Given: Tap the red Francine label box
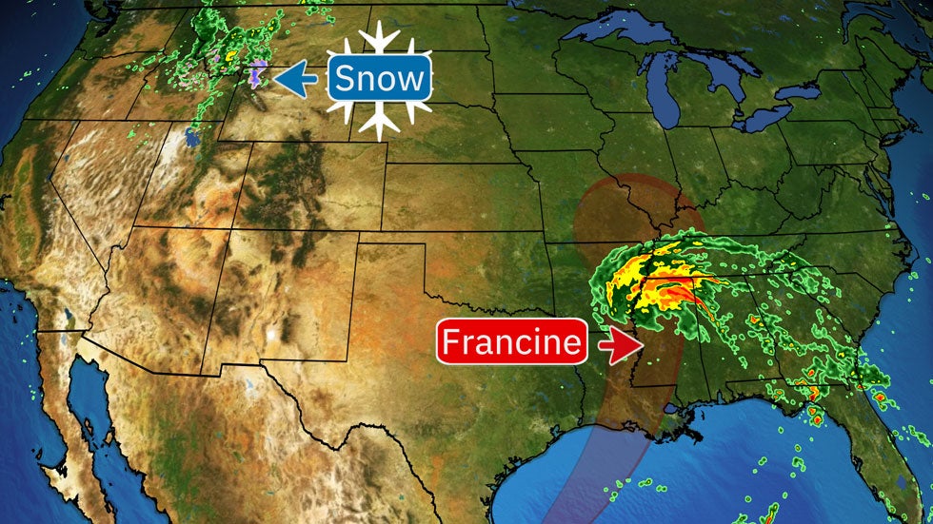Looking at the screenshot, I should (511, 342).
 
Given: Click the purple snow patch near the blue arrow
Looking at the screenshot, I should (257, 75).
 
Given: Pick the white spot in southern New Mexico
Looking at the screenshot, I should (273, 334).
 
